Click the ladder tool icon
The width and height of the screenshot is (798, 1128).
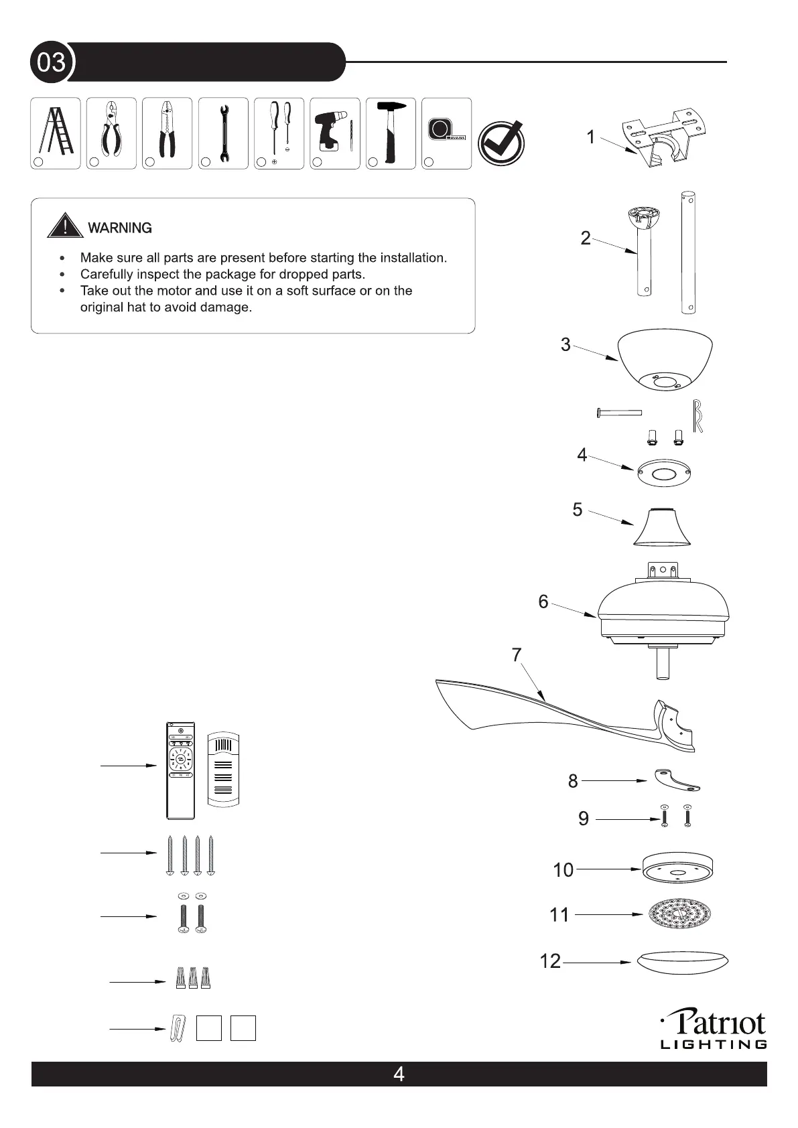coord(55,132)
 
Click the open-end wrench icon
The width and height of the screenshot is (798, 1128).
coord(224,132)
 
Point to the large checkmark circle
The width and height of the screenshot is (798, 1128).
coord(501,144)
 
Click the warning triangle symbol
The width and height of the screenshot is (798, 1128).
coord(64,226)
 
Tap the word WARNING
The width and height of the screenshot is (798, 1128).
coord(120,228)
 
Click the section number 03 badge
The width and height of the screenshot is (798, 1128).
coord(51,62)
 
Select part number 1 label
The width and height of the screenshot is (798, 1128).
coord(590,137)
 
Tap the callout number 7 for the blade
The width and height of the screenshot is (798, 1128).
coord(517,654)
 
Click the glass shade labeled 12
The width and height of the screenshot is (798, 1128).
coord(682,962)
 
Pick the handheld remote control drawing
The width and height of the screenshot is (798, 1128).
coord(180,770)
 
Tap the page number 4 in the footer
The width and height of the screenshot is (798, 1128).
coord(399,1074)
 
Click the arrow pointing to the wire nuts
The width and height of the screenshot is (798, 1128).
coord(137,982)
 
